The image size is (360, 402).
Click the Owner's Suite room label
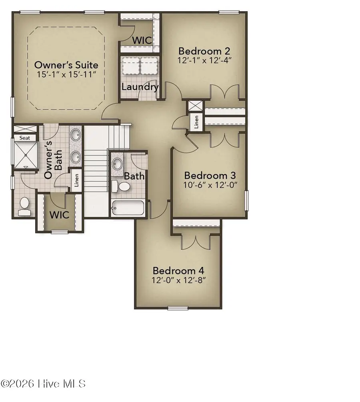point(66,65)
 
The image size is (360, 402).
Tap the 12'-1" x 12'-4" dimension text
point(205,60)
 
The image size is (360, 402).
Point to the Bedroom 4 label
point(179,270)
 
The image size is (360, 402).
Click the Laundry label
point(140,87)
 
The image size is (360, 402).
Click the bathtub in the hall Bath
point(127,208)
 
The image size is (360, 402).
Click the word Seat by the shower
point(25,138)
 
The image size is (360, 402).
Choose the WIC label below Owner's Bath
point(59,215)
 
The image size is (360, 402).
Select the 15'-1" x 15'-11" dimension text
point(66,75)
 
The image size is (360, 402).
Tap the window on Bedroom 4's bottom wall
point(178,308)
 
